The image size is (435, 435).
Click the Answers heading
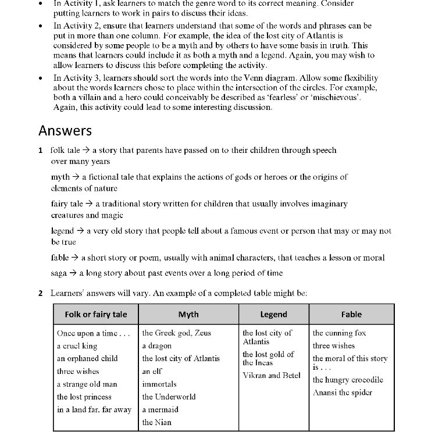click(x=65, y=130)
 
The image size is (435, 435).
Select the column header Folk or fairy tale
click(x=96, y=314)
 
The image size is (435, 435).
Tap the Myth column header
click(x=188, y=314)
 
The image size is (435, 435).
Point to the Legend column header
click(x=273, y=314)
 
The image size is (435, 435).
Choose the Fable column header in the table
click(x=351, y=314)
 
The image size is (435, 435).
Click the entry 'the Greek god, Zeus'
click(x=177, y=333)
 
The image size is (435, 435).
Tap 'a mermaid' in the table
click(x=161, y=409)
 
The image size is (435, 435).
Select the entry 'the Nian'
click(x=157, y=422)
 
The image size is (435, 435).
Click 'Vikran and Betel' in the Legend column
click(x=272, y=375)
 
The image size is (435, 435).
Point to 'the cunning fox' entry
click(x=340, y=333)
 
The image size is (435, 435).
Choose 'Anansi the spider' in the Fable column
click(x=343, y=393)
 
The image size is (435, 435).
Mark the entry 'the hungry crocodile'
click(x=348, y=380)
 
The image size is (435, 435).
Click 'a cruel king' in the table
click(x=77, y=346)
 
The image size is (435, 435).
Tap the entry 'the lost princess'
click(x=84, y=397)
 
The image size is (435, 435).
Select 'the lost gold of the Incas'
click(x=268, y=358)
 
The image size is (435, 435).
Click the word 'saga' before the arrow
click(x=59, y=273)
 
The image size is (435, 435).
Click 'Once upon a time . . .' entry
click(x=93, y=333)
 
